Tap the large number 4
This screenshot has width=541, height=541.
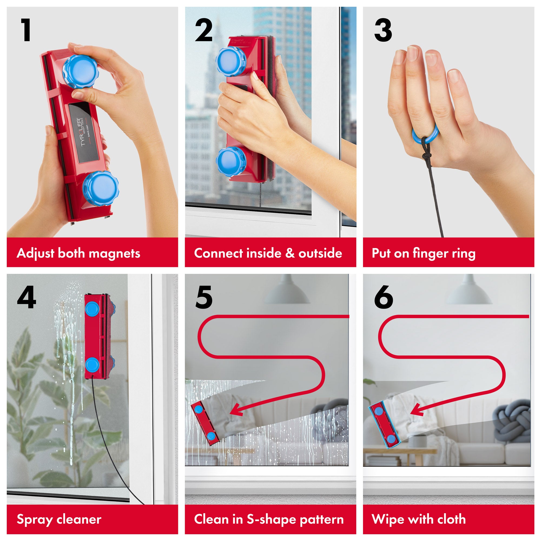[x=26, y=297]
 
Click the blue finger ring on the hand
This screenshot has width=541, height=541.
[x=425, y=134]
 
